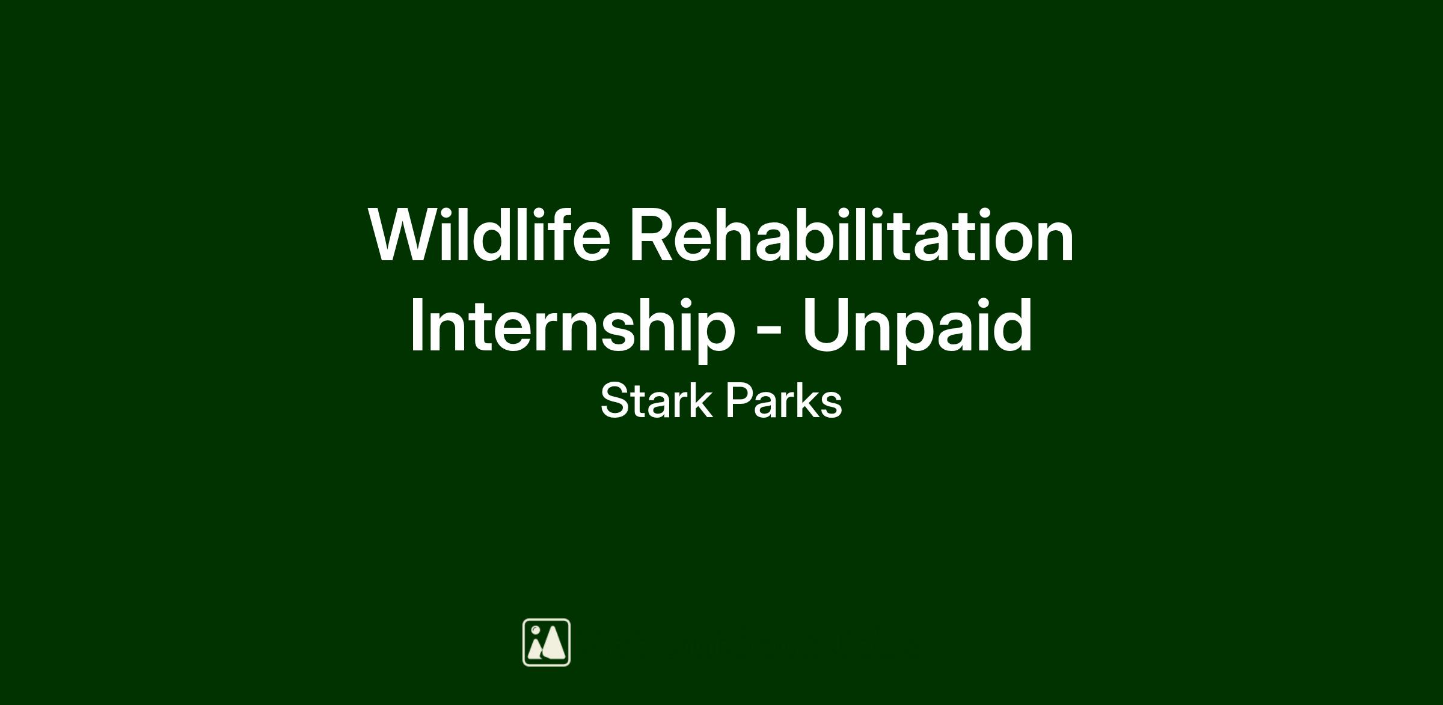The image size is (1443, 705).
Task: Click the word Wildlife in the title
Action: click(x=489, y=235)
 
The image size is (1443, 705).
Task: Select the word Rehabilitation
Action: click(x=851, y=235)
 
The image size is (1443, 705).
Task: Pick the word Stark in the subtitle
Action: click(x=656, y=401)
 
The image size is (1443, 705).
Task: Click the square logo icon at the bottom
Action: click(x=547, y=642)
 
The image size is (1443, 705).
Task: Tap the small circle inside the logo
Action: click(x=535, y=630)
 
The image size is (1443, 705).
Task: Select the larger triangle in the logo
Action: click(x=554, y=643)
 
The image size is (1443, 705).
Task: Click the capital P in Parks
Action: click(x=741, y=401)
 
